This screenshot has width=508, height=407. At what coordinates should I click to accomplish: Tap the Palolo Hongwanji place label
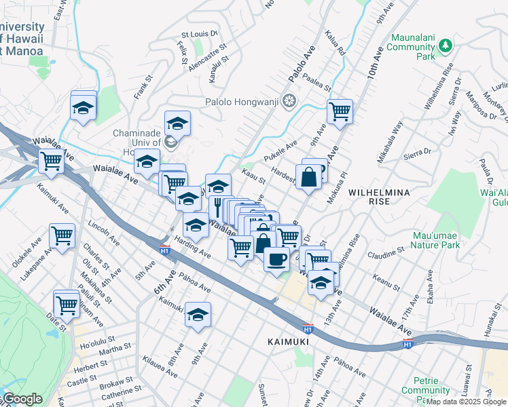coord(242,102)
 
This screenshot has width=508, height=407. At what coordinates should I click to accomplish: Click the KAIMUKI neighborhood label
coord(288,342)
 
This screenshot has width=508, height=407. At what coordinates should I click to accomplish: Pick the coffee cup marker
coord(276,259)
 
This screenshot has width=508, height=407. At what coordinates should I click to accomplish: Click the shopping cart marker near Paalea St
coord(339,111)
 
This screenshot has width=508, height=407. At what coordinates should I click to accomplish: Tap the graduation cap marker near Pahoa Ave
coord(198,315)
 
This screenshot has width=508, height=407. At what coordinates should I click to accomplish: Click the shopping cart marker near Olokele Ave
coord(62,237)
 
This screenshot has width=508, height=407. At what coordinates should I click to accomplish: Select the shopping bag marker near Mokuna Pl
coord(308,176)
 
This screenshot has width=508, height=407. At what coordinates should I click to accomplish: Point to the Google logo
coord(23,399)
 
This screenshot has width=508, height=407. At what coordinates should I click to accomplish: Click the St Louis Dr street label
coord(198,33)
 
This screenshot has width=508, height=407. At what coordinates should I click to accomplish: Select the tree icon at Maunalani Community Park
coord(446,45)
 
